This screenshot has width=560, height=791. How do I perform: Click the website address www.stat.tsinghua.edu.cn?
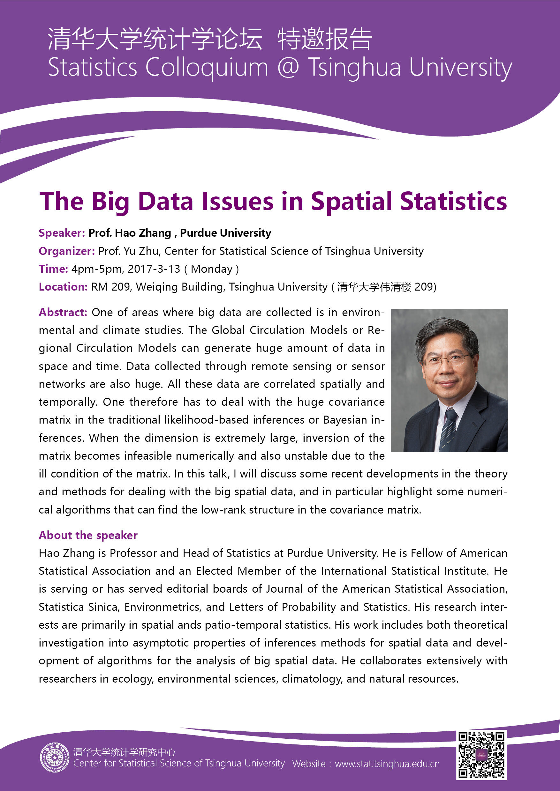point(387,764)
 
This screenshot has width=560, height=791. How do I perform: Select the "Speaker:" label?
point(62,233)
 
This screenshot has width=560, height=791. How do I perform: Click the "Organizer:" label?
point(66,251)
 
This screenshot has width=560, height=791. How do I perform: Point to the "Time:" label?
point(53,269)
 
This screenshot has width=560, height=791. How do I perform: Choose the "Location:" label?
point(63,287)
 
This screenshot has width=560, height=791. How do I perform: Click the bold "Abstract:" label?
point(63,312)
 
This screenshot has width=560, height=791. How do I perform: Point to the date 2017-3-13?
point(154,269)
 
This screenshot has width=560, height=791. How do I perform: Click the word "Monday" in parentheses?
point(211,269)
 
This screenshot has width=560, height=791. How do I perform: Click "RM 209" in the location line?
point(110,287)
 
